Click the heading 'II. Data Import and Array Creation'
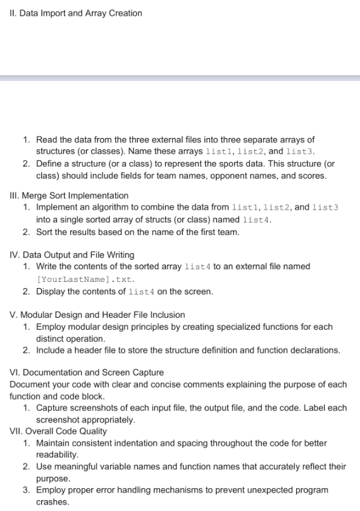(76, 13)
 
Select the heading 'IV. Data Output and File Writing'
(72, 255)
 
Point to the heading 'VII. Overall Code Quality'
(58, 431)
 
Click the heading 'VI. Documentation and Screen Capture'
(87, 372)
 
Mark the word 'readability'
(57, 455)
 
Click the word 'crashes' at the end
(53, 502)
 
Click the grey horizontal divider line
(180, 79)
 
